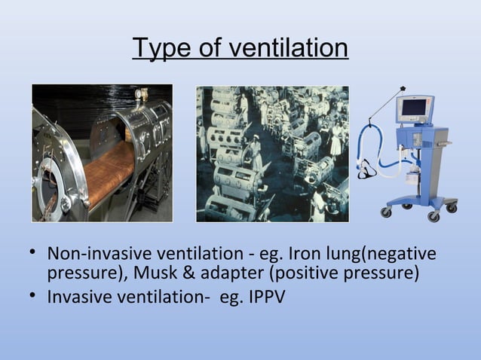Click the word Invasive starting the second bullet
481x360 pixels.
[x=80, y=295]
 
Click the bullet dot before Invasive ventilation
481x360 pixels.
[x=35, y=295]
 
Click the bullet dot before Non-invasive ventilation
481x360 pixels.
[x=35, y=253]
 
